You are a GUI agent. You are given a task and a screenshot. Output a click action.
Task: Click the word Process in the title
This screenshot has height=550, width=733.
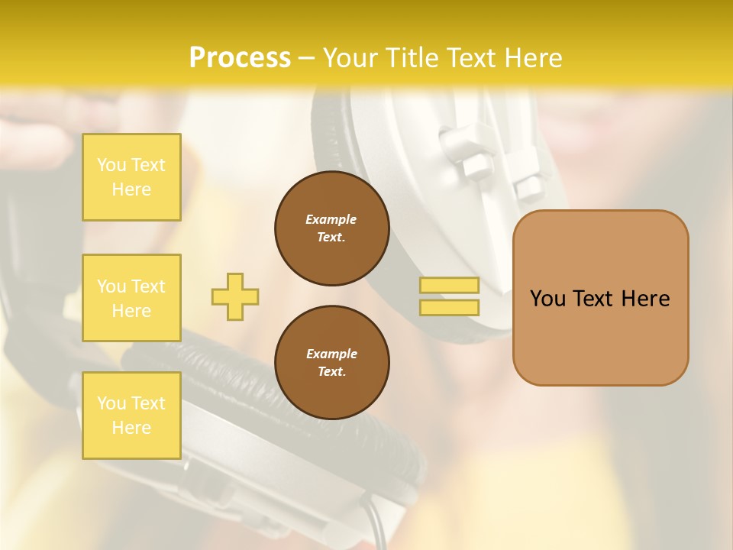click(240, 58)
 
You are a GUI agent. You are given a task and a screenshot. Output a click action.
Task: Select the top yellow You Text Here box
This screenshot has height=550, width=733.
click(131, 177)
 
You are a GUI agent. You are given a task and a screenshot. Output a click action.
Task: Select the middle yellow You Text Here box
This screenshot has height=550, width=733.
click(131, 298)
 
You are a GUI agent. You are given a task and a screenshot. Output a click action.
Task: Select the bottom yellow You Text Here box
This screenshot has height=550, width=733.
click(131, 415)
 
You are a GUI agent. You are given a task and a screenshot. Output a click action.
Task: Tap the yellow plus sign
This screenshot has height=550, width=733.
click(235, 296)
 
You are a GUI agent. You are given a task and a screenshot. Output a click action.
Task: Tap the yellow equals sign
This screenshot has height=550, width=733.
click(449, 296)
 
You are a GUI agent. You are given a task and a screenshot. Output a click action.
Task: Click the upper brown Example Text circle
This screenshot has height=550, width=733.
click(331, 228)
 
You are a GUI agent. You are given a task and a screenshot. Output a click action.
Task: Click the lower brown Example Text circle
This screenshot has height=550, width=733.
click(331, 363)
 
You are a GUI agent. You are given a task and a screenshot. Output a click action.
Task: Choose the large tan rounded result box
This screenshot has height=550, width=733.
click(600, 298)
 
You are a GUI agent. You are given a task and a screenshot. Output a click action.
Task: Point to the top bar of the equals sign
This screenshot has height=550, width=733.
click(449, 286)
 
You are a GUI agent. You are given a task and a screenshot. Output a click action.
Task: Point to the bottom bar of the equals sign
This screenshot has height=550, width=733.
click(449, 308)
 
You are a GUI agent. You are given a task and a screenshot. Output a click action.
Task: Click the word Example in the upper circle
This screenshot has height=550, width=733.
click(331, 219)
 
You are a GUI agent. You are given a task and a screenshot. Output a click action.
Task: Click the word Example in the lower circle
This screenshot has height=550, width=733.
click(331, 354)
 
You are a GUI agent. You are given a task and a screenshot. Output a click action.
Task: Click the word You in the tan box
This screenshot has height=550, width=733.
click(547, 299)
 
